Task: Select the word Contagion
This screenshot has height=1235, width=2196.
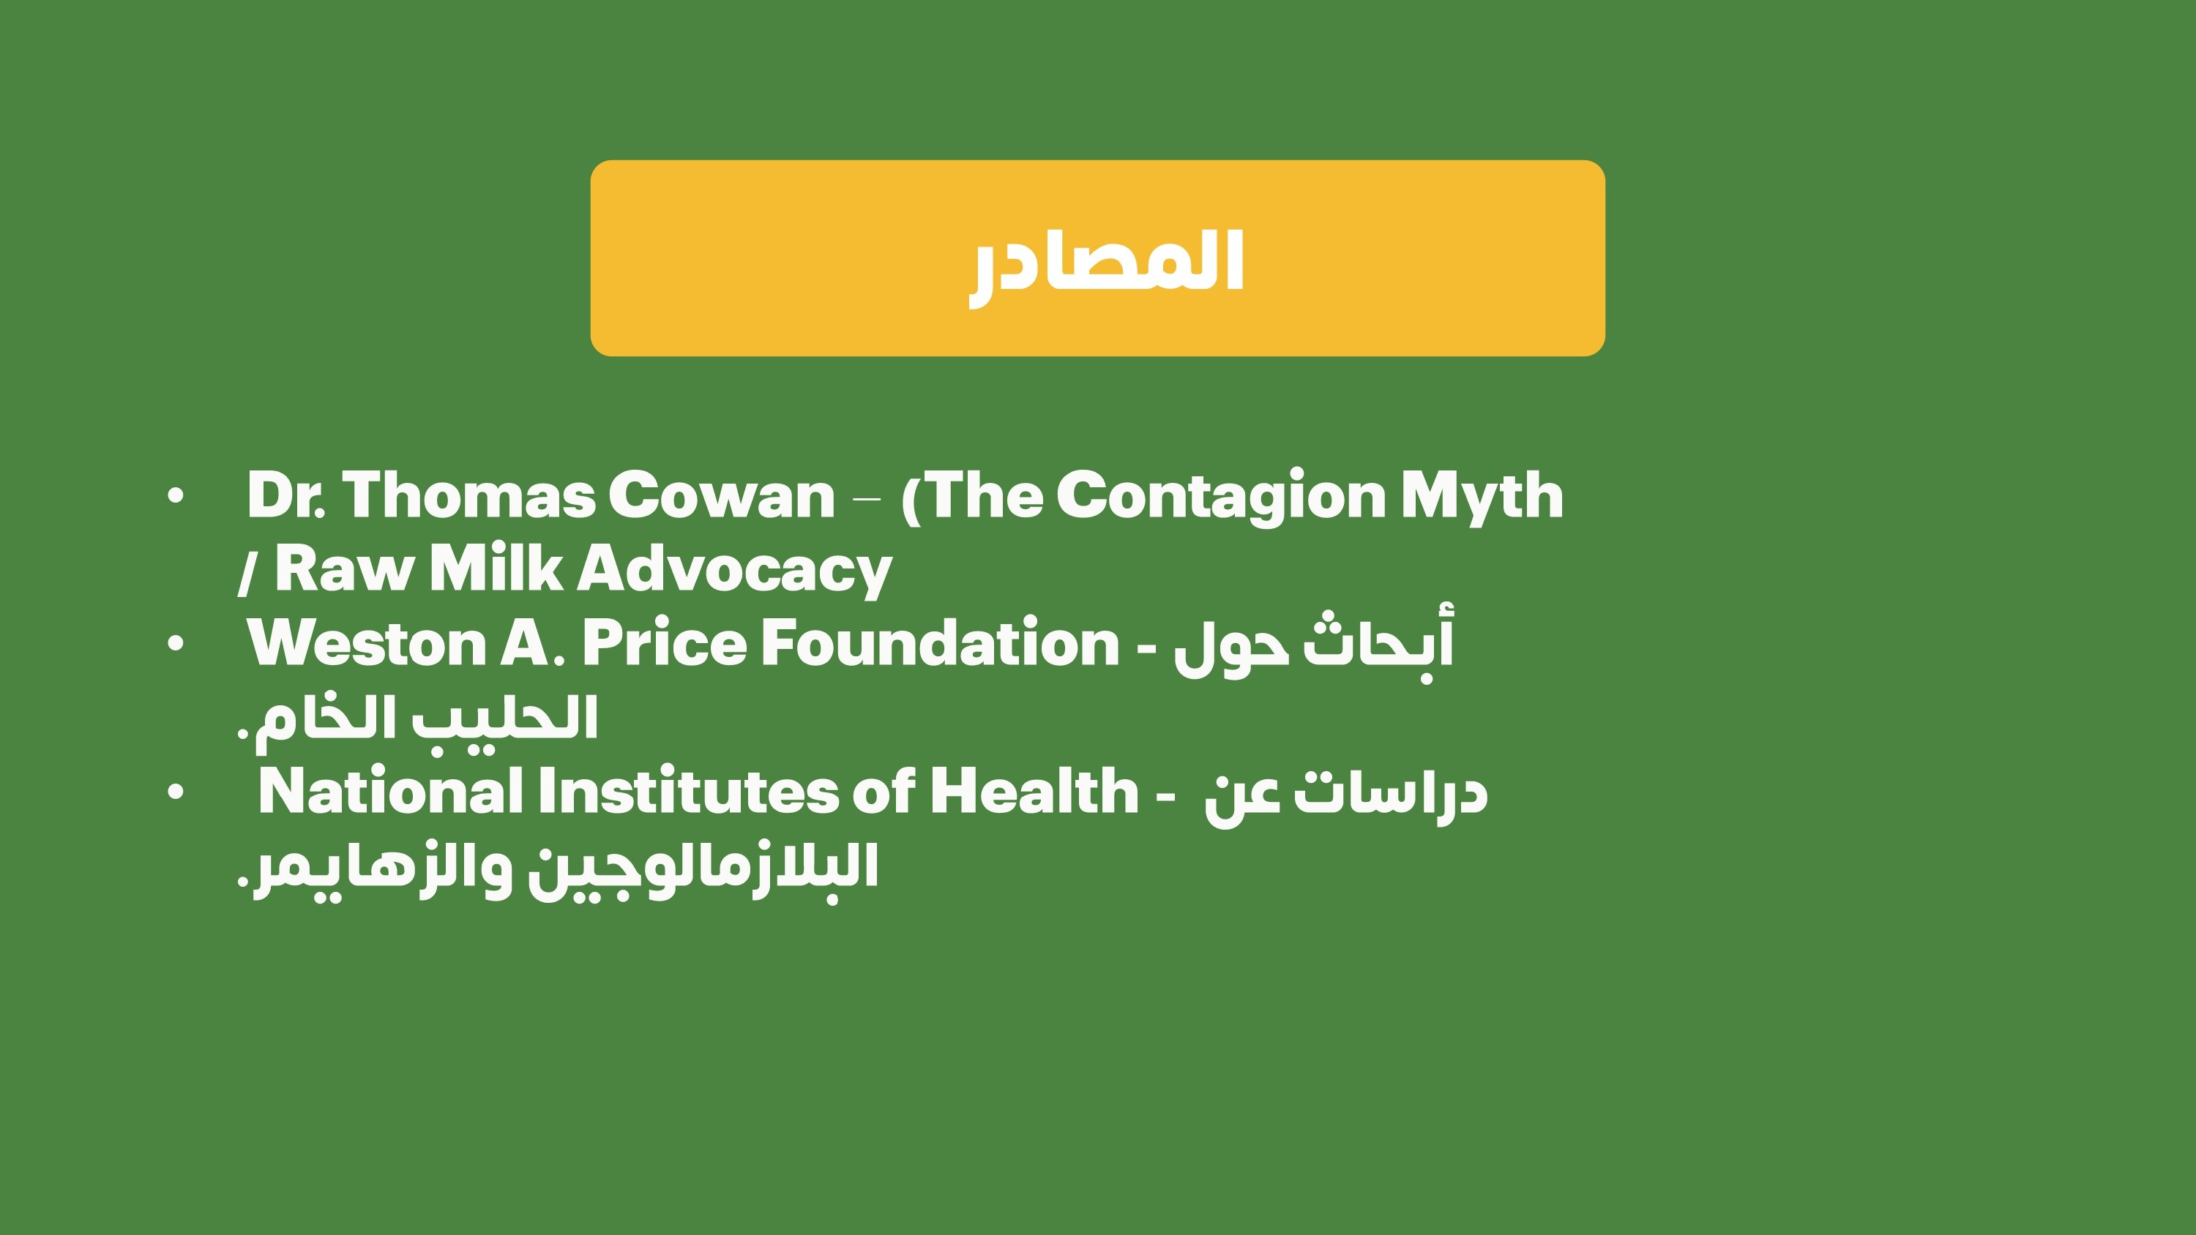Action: (x=1221, y=496)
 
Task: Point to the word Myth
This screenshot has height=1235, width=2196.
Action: (x=1482, y=496)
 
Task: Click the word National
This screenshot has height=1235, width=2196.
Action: (x=390, y=792)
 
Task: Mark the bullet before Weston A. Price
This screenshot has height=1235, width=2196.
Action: (x=176, y=645)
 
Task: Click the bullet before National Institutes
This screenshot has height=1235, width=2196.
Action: (x=176, y=792)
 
